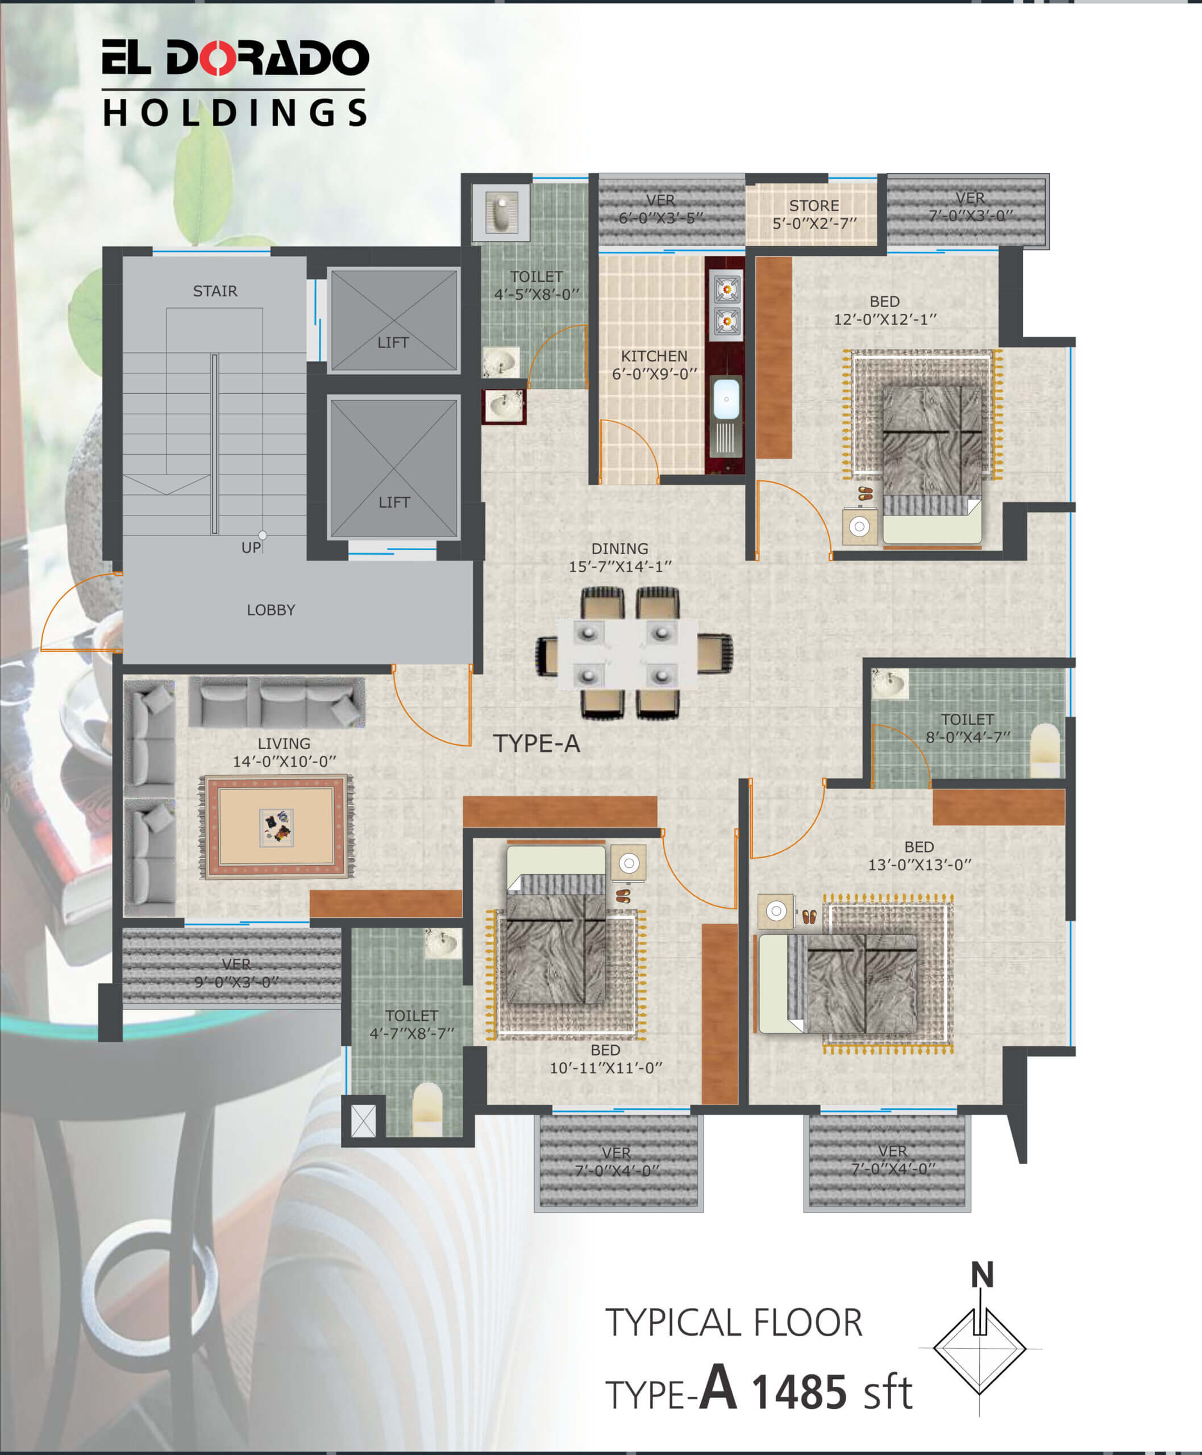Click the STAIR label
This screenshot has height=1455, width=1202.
(215, 291)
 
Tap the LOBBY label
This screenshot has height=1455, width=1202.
(271, 610)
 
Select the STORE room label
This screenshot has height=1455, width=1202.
(814, 206)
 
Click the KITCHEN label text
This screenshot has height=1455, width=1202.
(654, 356)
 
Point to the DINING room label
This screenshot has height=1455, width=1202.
(619, 548)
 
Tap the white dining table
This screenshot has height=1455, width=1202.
(627, 654)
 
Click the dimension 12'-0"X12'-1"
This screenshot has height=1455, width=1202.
(885, 319)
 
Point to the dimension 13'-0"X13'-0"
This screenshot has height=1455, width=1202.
(920, 865)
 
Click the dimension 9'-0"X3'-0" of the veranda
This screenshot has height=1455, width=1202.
(236, 982)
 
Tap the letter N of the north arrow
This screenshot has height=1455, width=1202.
(982, 1275)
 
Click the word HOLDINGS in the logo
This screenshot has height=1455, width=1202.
(235, 113)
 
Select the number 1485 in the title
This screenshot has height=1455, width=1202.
(798, 1392)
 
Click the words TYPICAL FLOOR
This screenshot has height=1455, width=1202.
(734, 1323)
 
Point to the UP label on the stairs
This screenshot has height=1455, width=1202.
(251, 548)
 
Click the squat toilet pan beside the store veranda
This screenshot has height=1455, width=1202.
(501, 212)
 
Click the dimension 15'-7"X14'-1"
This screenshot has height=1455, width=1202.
(619, 567)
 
